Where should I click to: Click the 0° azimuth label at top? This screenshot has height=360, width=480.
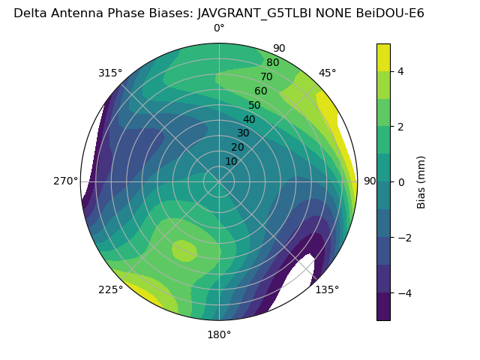219,28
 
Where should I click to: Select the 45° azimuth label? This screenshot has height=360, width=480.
327,73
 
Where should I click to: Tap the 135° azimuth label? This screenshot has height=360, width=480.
327,289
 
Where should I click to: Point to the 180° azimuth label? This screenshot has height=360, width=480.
219,334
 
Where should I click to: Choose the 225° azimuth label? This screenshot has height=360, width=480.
110,290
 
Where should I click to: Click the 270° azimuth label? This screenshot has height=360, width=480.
66,181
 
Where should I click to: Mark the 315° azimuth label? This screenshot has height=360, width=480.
110,73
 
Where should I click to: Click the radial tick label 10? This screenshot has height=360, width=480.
231,161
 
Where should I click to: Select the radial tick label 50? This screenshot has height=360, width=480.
254,105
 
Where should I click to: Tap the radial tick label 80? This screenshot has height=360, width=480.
272,63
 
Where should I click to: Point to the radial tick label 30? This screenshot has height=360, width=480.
243,133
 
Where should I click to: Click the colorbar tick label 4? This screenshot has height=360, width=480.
400,71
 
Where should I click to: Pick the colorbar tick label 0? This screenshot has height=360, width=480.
400,182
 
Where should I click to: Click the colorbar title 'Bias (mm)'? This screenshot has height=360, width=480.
421,182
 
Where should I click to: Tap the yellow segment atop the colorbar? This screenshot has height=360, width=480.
383,57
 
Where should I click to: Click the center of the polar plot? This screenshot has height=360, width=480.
219,181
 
